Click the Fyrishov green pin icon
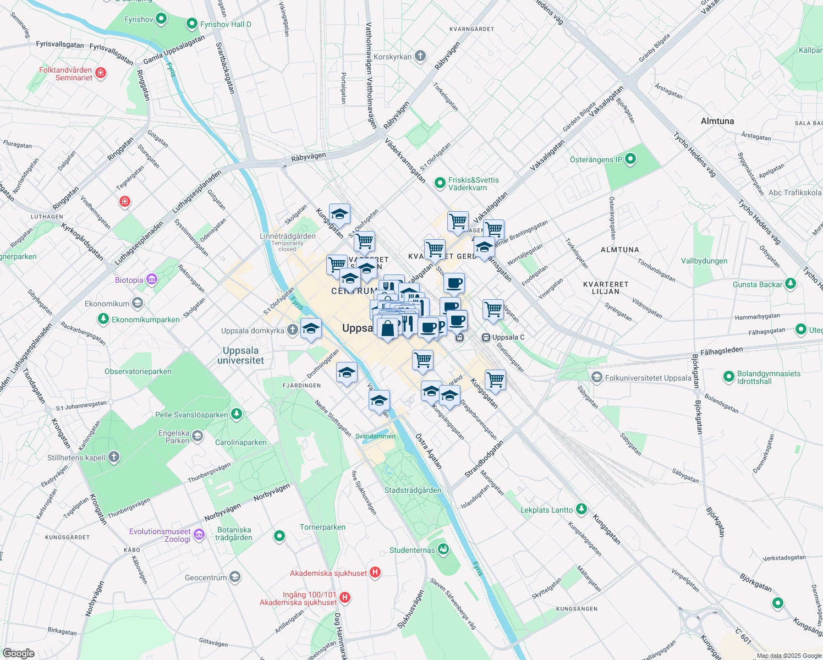tap(161, 19)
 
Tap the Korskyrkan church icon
tap(420, 56)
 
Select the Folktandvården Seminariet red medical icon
tap(101, 73)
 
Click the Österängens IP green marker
tap(630, 159)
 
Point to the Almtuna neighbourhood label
tap(717, 121)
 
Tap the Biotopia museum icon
tap(152, 280)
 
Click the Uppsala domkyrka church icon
tap(293, 330)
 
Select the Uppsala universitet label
tap(240, 355)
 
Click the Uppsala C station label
tap(508, 337)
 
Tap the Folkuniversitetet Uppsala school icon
tap(596, 377)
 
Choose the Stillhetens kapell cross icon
tap(113, 457)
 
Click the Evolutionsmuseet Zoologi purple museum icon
tap(199, 535)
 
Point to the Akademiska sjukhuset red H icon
tap(375, 573)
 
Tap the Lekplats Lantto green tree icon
tap(581, 509)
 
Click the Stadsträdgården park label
tap(413, 490)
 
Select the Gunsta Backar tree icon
tap(791, 284)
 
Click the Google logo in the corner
tap(18, 653)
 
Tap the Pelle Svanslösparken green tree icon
tap(237, 414)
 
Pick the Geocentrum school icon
tap(235, 577)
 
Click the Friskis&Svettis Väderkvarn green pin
tap(440, 183)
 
